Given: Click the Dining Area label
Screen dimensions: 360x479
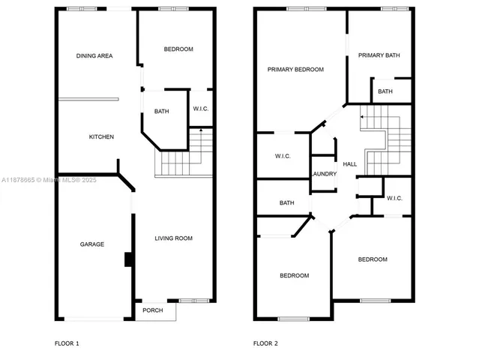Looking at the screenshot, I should (94, 55).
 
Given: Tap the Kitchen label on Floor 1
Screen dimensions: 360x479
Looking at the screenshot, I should (101, 136).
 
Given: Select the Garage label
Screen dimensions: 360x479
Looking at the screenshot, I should (92, 244).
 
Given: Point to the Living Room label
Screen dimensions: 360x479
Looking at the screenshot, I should (174, 238).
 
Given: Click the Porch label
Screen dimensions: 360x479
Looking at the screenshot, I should (153, 310).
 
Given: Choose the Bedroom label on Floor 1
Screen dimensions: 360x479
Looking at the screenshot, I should (178, 49).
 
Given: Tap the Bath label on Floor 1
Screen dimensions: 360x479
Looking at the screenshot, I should (162, 112).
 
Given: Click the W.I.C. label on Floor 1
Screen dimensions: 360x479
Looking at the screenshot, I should (201, 109).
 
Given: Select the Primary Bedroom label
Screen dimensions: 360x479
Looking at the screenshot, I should (296, 69).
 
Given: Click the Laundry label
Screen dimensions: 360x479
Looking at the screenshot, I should (324, 174).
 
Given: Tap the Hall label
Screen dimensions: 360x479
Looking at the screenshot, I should (350, 164).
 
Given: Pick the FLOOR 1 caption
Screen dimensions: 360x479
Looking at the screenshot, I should (67, 343).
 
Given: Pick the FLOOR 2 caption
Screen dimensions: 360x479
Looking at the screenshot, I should (265, 343).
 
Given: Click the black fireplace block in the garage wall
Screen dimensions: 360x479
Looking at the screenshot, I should (129, 259).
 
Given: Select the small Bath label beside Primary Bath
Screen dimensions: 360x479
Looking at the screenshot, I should (385, 91).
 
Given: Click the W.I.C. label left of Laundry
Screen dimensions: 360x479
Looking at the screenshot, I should (283, 156).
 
